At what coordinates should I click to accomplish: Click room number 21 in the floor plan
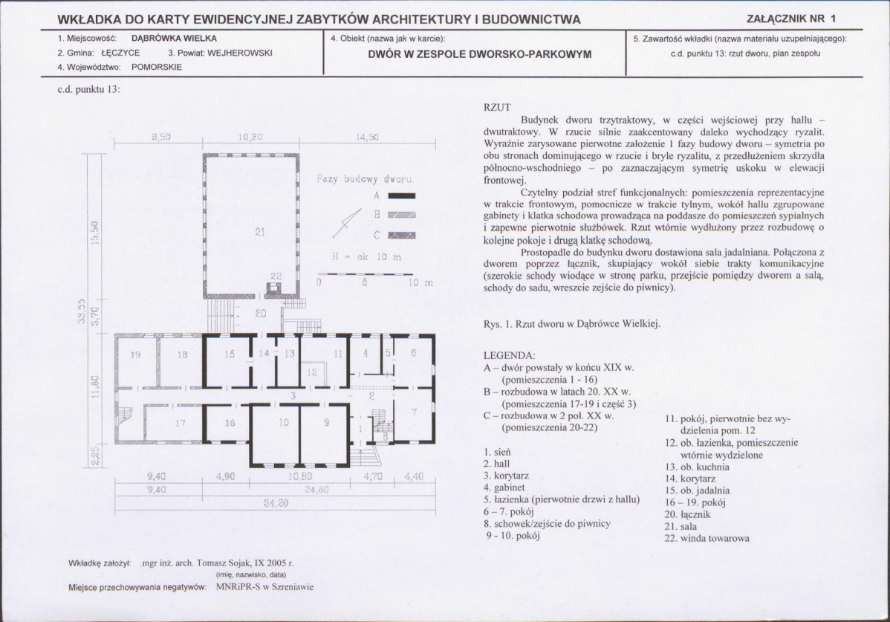click(x=260, y=232)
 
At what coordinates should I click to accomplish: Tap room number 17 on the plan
click(x=180, y=422)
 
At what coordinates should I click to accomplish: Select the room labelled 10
click(x=284, y=422)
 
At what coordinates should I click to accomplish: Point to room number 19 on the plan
click(x=135, y=354)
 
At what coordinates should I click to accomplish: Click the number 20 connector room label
click(x=261, y=313)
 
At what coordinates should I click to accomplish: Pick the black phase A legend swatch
click(x=402, y=196)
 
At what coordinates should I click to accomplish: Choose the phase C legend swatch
click(x=402, y=236)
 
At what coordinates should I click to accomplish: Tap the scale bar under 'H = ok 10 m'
click(x=366, y=275)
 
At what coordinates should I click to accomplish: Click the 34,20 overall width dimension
click(x=276, y=503)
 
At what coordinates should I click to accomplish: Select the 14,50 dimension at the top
click(x=367, y=137)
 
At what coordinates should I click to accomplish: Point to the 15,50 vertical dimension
click(x=95, y=233)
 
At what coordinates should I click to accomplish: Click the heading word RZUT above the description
click(x=497, y=107)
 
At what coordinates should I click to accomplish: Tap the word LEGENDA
click(x=509, y=356)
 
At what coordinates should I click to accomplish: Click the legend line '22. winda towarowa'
click(x=707, y=538)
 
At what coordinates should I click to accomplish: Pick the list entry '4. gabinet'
click(x=504, y=487)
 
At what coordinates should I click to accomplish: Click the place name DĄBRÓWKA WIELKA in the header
click(x=175, y=39)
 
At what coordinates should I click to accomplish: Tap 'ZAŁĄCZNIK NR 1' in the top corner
click(x=791, y=19)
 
